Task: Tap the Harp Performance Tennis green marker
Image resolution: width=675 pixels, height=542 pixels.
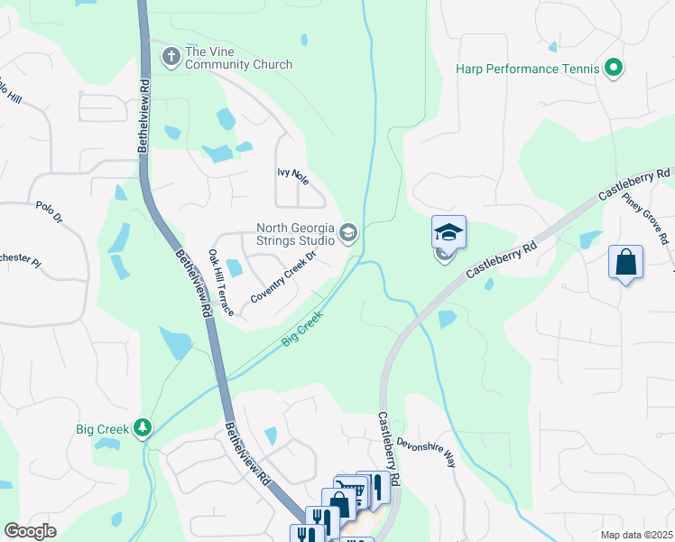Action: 614,69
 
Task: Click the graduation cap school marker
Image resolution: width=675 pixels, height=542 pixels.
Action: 448,233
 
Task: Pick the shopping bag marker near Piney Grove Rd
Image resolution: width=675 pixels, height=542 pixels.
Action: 625,263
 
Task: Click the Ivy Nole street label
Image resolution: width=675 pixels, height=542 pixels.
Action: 293,175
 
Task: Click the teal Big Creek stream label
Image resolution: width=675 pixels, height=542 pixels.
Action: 303,331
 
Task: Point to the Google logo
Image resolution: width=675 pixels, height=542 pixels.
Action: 31,530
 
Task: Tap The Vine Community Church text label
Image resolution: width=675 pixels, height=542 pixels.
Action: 238,58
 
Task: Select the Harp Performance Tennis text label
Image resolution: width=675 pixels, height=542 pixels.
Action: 528,69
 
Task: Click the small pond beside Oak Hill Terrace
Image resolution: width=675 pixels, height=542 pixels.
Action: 235,267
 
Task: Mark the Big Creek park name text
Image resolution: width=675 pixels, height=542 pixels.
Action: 101,429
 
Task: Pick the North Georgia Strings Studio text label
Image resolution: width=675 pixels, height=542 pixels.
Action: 296,235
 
